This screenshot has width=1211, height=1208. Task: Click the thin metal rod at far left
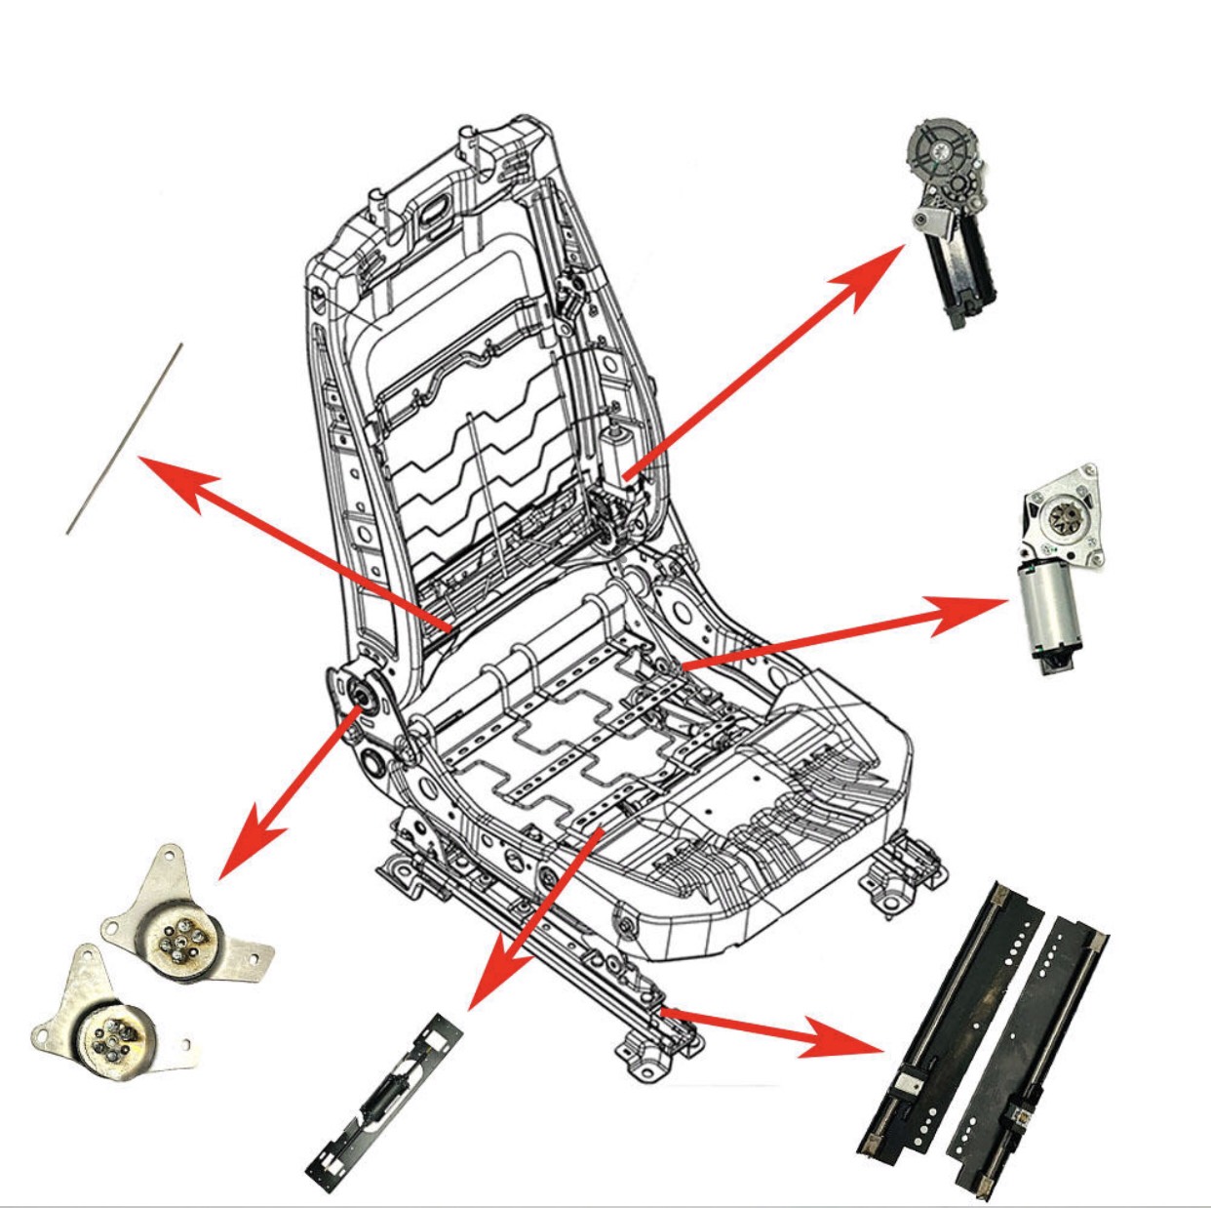click(x=124, y=439)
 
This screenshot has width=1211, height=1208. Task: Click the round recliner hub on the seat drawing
click(x=361, y=695)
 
